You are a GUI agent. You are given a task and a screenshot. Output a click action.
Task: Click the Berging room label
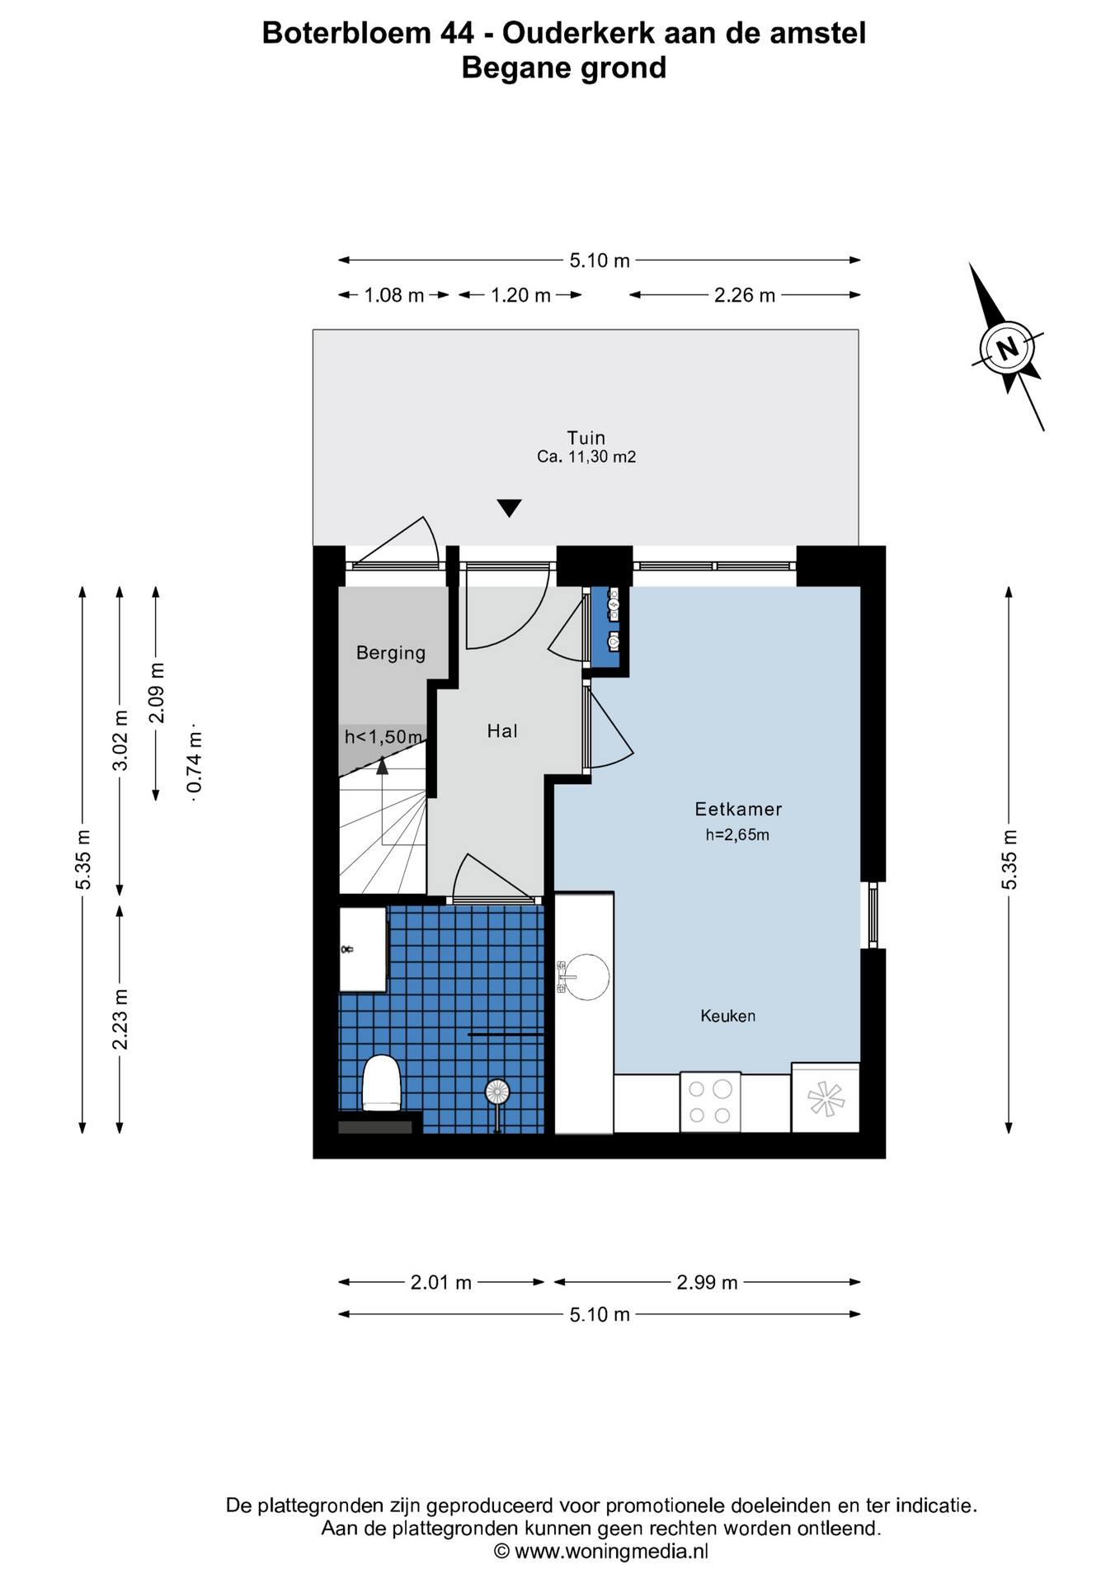[391, 653]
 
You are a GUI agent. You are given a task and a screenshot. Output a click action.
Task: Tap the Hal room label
[502, 730]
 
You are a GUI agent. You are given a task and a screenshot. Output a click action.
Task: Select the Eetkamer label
[738, 809]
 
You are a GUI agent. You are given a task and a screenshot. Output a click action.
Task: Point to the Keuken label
[727, 1016]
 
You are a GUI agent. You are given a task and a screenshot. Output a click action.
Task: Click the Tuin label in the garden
[586, 438]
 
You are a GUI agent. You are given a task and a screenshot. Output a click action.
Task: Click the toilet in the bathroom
[381, 1082]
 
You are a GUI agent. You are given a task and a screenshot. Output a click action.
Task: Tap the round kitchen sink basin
[586, 977]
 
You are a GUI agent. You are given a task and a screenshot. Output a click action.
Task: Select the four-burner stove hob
[710, 1102]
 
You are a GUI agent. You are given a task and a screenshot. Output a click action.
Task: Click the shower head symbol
[497, 1092]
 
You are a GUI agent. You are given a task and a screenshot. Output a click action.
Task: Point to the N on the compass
[1007, 348]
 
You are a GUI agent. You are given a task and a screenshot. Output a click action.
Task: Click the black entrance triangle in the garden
[510, 508]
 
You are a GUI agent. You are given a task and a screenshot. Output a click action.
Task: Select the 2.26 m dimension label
[745, 295]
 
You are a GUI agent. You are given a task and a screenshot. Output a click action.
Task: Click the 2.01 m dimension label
[441, 1282]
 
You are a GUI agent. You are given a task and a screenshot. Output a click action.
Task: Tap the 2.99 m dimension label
[707, 1282]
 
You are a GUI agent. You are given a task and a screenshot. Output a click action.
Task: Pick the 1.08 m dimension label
[394, 295]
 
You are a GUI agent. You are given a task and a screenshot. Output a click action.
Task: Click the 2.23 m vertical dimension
[120, 1019]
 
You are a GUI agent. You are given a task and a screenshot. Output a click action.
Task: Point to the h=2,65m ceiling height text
[737, 834]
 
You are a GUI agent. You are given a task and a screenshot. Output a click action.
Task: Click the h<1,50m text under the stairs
[384, 736]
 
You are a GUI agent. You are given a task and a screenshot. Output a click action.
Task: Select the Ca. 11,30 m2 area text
[586, 457]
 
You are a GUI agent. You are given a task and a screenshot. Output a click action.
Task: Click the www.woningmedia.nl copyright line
[600, 1551]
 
